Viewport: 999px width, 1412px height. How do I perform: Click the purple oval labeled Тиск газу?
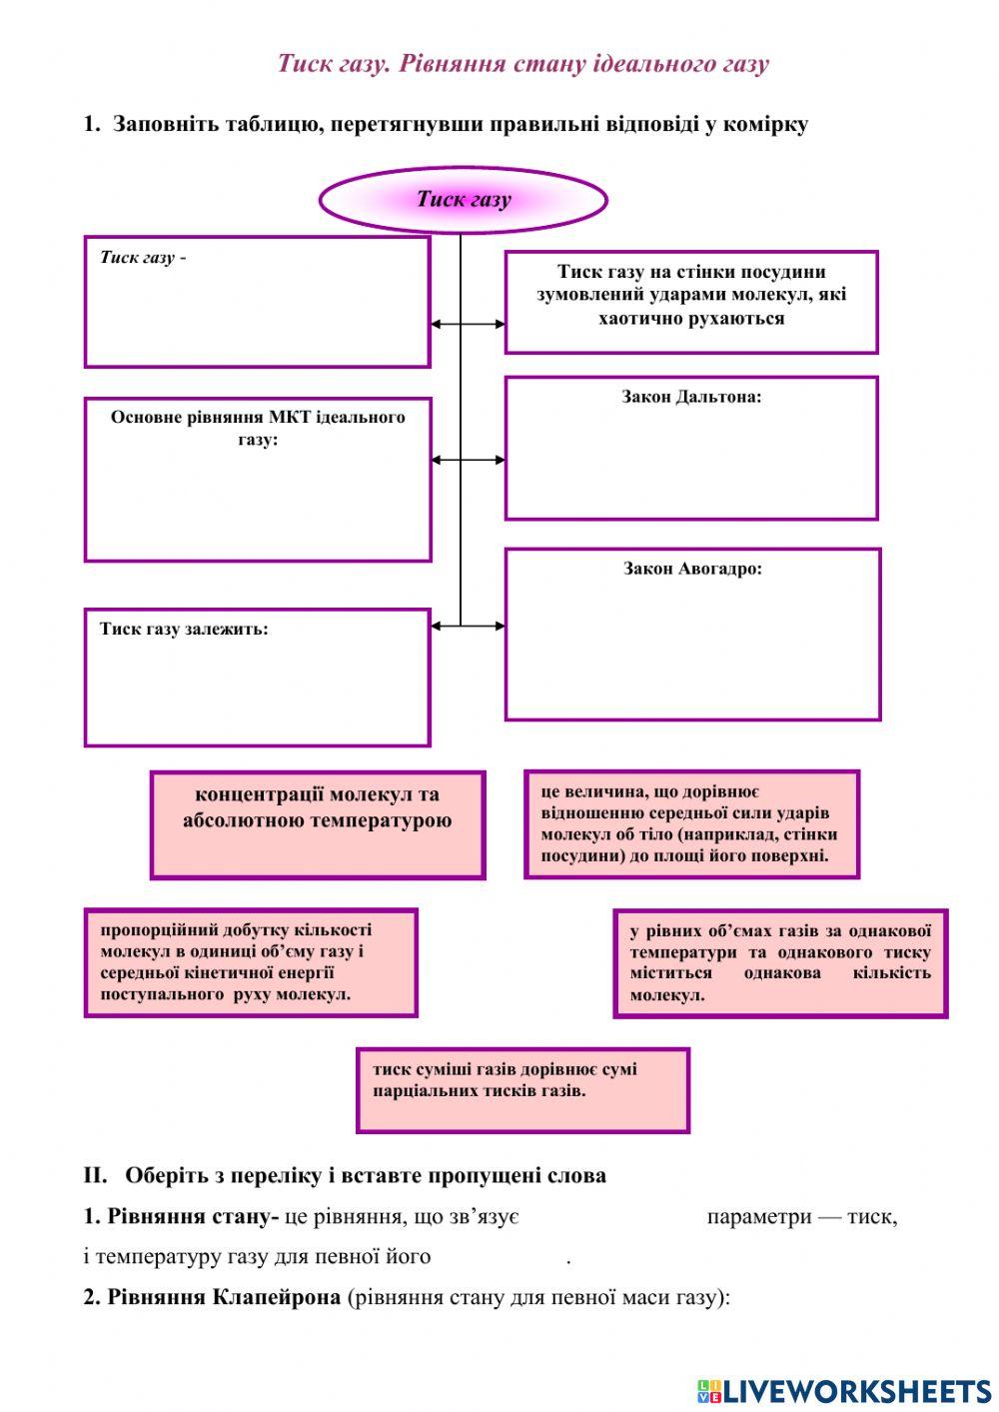coord(463,200)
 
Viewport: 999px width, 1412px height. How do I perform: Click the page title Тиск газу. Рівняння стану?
coord(522,64)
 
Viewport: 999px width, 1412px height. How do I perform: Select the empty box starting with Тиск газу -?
coord(257,302)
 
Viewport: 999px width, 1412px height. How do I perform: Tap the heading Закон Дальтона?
coord(691,397)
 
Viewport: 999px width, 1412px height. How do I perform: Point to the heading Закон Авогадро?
coord(692,569)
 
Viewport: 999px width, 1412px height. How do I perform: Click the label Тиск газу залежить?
coord(184,630)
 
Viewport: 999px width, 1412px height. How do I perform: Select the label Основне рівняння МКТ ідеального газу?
coord(258,428)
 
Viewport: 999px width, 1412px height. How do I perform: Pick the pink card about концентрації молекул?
coord(318,823)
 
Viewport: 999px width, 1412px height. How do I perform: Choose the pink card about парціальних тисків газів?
coord(522,1089)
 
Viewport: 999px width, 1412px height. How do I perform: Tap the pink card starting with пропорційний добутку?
coord(250,961)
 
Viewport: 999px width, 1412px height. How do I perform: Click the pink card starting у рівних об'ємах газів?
coord(779,962)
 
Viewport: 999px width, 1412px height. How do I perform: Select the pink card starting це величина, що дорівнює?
coord(691,823)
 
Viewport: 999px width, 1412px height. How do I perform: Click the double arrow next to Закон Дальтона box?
coord(468,460)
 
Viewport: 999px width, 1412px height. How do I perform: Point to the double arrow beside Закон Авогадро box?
coord(468,627)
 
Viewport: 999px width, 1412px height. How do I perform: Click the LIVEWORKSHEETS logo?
coord(844,1390)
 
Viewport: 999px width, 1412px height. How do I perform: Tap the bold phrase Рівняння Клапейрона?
coord(212,1297)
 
